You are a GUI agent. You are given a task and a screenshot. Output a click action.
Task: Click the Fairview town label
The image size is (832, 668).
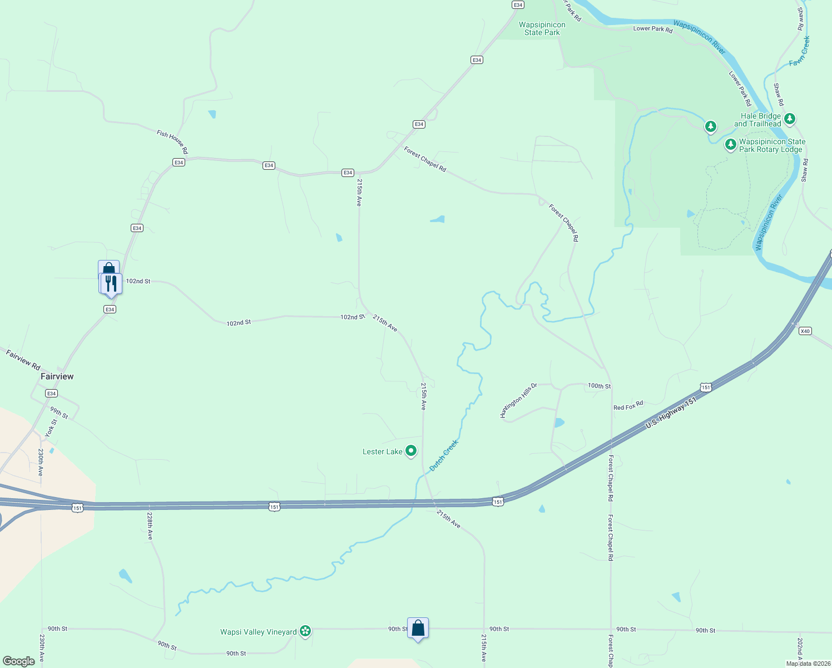coord(57,377)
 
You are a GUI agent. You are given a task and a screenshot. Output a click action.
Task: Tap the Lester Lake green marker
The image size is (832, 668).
coord(411,451)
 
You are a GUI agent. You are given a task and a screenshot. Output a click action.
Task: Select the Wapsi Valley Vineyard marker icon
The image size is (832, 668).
coord(305,631)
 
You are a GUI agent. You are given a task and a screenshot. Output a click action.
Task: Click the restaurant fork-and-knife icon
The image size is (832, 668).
coord(111,283)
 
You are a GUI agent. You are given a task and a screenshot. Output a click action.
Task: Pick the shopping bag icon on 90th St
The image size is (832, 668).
coord(418,628)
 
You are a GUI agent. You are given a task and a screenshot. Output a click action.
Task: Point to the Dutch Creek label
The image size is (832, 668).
coord(444,456)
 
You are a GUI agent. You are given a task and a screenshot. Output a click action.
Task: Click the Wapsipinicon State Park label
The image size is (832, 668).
coord(542,28)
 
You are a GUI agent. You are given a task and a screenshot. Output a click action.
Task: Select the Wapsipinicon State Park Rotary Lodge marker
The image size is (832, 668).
coord(731,145)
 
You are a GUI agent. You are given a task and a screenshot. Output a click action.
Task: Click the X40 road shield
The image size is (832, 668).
coord(805,331)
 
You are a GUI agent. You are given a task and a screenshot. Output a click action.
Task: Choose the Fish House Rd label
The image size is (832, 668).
coord(172,142)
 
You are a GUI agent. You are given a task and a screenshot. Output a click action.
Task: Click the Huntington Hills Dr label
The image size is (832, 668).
coord(518,400)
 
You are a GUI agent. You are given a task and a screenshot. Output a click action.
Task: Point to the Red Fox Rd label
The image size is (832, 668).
coord(628,406)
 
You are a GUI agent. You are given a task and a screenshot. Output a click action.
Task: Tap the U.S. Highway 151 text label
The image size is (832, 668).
coord(671,413)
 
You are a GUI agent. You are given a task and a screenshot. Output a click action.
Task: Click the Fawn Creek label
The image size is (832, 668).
coord(800,52)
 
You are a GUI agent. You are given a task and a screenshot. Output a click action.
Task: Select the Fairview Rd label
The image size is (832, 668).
coord(23,359)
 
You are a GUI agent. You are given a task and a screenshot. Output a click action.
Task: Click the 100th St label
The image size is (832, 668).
coord(599,386)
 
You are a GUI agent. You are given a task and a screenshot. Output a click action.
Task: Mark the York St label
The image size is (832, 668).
coord(51,428)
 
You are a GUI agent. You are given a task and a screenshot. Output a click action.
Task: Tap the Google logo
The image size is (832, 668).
coord(19,661)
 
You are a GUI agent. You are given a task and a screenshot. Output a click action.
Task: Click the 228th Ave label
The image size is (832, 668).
coord(150,526)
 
